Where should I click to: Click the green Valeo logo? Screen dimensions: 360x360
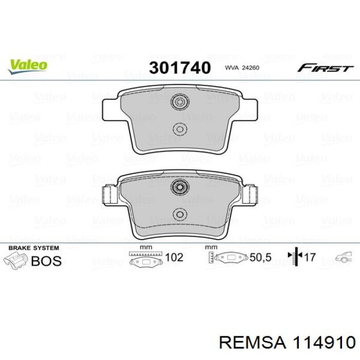click(28, 66)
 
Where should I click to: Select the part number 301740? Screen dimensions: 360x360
click(180, 68)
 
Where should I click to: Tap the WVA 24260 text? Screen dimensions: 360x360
click(242, 68)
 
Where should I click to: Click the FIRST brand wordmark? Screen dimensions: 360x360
click(326, 68)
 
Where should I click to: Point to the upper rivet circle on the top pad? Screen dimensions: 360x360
click(180, 102)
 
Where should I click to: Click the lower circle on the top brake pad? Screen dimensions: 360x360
click(180, 130)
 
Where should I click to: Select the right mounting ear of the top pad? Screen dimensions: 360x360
click(248, 110)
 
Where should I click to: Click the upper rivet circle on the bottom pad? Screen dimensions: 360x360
click(180, 187)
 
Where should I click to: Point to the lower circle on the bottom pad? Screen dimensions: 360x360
click(180, 214)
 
